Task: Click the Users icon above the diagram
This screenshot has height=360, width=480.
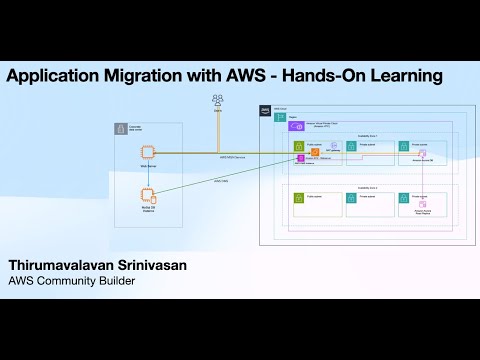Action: point(217,100)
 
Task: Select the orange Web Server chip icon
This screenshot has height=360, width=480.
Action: point(146,153)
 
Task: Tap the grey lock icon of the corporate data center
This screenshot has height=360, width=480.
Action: point(121,128)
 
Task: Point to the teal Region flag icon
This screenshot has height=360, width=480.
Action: point(279,118)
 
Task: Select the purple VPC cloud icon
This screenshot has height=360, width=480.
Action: point(295,126)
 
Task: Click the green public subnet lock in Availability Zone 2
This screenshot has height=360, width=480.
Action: point(299,199)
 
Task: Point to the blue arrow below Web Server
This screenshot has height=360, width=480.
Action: point(146,171)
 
